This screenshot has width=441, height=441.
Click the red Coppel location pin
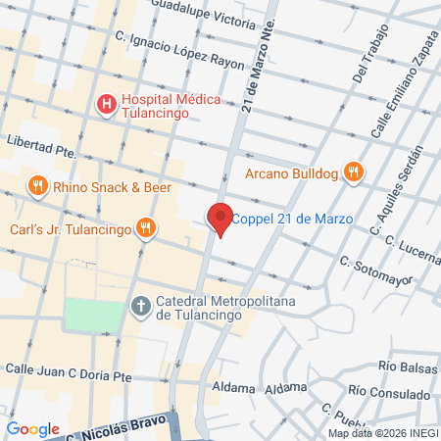(x=220, y=219)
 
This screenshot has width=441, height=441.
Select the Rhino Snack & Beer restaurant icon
(x=36, y=186)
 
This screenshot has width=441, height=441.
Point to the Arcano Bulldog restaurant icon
(x=353, y=174)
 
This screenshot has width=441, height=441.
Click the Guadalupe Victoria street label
(x=212, y=20)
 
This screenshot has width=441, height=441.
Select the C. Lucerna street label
(x=412, y=248)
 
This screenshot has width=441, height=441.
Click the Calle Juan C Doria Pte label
(x=70, y=371)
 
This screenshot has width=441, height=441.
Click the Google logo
(x=33, y=428)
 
